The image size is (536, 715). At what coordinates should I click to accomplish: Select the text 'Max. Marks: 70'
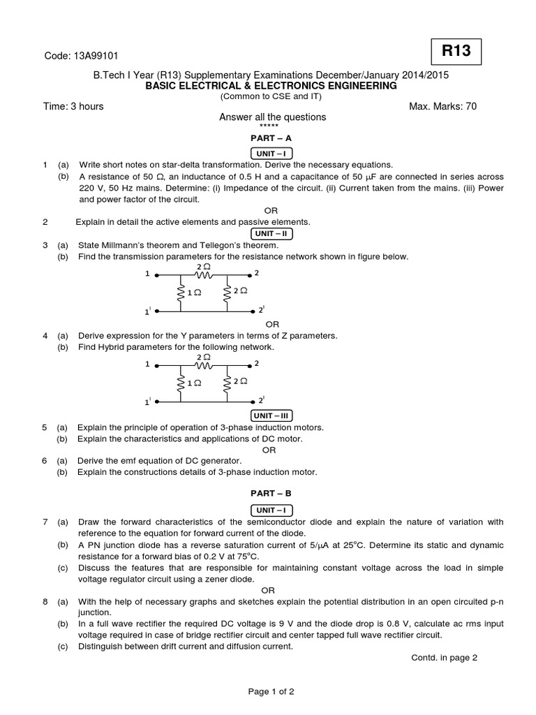point(443,106)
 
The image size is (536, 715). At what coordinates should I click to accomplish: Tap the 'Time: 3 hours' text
point(73,106)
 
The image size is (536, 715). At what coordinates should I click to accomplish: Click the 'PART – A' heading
point(272,138)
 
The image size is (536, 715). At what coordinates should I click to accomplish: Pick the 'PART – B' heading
point(272,492)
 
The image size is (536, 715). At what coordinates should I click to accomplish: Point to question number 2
point(45,222)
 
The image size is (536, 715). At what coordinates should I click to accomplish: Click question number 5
point(45,427)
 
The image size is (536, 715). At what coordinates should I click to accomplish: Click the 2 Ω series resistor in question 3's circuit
point(204,274)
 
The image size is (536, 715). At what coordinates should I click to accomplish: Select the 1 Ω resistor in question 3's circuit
point(181,292)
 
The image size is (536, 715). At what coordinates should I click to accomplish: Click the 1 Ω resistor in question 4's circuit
point(181,383)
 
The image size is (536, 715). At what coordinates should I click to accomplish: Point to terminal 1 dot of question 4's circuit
point(156,364)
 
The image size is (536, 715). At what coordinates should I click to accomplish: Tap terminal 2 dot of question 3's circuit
point(251,274)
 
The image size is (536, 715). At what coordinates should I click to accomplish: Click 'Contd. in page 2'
point(444,658)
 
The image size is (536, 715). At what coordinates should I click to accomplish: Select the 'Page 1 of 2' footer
point(271,692)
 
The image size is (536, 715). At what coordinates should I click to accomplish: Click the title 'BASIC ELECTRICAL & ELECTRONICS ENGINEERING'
point(271,85)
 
